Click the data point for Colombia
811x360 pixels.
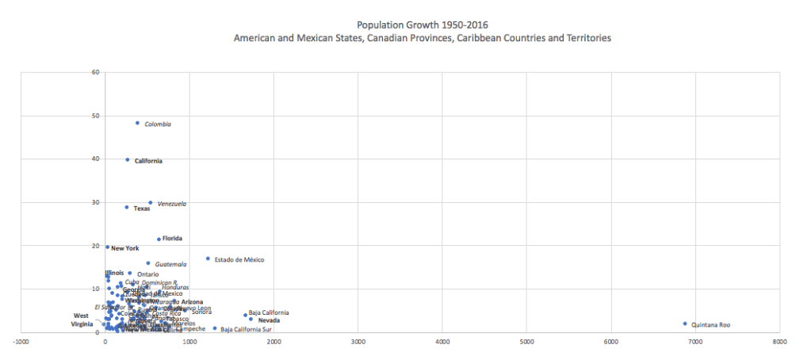coord(137,123)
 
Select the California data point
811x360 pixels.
coord(127,159)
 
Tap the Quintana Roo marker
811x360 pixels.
coord(684,324)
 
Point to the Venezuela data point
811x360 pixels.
coord(150,203)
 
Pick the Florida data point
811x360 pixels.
coord(159,239)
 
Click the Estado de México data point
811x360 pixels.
coord(208,259)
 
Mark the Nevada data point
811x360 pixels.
coord(251,320)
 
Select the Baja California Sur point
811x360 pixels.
coord(214,328)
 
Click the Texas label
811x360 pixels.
coord(141,209)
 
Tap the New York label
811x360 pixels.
coord(124,248)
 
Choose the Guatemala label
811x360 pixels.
coord(170,264)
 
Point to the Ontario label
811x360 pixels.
coord(147,274)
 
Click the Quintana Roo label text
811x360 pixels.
coord(710,325)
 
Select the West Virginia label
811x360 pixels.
coord(82,320)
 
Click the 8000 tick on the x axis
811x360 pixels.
coord(779,342)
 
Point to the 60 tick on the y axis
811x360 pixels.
coord(94,72)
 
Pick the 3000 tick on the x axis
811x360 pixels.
coord(358,342)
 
